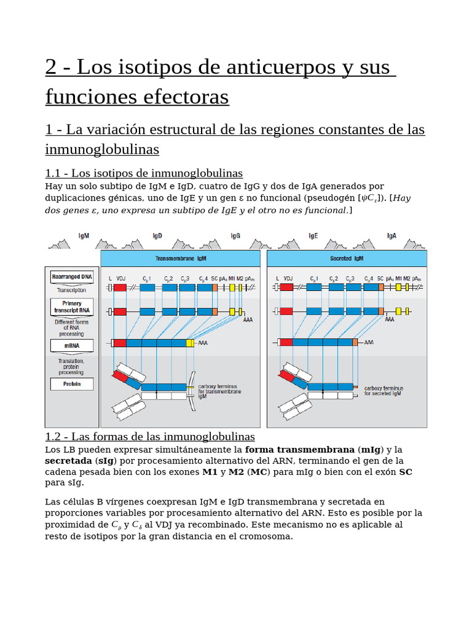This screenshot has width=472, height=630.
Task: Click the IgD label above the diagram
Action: coord(157,236)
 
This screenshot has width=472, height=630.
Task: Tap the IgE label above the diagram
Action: coord(313,236)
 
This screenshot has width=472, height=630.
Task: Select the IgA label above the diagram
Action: coord(391,236)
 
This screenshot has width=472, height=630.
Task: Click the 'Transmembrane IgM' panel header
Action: coord(180,258)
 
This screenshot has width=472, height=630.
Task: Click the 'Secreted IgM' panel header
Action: coord(347,258)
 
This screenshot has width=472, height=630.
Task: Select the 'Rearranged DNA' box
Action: coord(72,277)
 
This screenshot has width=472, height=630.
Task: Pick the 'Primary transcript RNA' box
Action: coord(72,307)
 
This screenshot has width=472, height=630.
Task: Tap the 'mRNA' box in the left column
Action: coord(72,345)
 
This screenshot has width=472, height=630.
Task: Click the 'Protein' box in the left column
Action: coord(72,384)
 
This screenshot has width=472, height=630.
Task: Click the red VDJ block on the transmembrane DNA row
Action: coord(120,287)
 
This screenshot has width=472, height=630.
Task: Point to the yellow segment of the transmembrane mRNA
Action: coord(190,343)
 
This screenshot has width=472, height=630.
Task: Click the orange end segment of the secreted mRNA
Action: coord(355,342)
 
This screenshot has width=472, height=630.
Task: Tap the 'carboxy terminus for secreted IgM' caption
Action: coord(383,391)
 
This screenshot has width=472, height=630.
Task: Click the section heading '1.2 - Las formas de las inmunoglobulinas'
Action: coord(150,436)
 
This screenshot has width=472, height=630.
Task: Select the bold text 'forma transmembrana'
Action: coord(300,449)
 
